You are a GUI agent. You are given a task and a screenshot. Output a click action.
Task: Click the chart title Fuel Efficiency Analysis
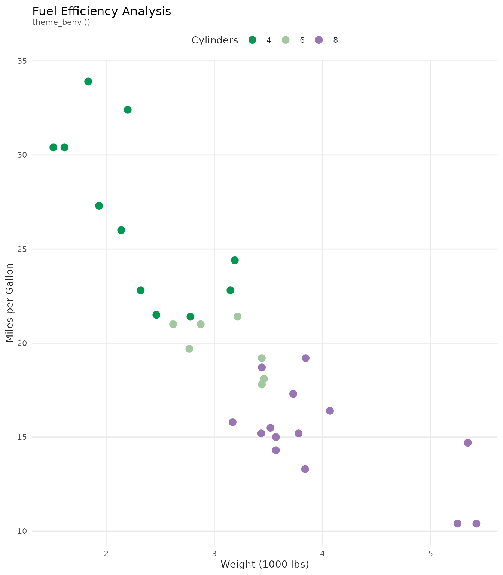point(102,12)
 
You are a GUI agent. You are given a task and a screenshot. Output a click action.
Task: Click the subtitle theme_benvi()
point(61,22)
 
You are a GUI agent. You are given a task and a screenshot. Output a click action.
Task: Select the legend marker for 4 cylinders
point(252,40)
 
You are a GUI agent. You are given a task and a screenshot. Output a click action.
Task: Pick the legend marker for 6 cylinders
point(286,40)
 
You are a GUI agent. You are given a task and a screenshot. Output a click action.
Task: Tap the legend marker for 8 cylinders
point(319,40)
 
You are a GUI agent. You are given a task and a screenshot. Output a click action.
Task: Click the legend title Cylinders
point(215,40)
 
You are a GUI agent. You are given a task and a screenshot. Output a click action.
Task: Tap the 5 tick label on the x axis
point(430,543)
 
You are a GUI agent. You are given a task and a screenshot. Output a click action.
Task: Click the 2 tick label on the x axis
point(106,543)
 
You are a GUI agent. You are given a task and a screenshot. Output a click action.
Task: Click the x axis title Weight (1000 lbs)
point(265,564)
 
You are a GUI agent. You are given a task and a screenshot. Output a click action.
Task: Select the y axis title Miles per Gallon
point(10,303)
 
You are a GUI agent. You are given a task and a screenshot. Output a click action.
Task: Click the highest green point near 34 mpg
point(88,82)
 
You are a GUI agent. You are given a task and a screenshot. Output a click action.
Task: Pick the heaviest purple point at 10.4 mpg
point(476,523)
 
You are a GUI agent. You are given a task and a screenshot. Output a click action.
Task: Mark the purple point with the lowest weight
point(232,422)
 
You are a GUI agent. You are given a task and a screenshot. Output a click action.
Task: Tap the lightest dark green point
point(54,147)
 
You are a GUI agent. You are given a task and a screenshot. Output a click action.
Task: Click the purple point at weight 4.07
point(330,411)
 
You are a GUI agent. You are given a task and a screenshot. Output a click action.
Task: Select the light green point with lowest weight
point(173,324)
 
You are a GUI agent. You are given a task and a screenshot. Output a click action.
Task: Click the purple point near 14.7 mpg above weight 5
point(468,442)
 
